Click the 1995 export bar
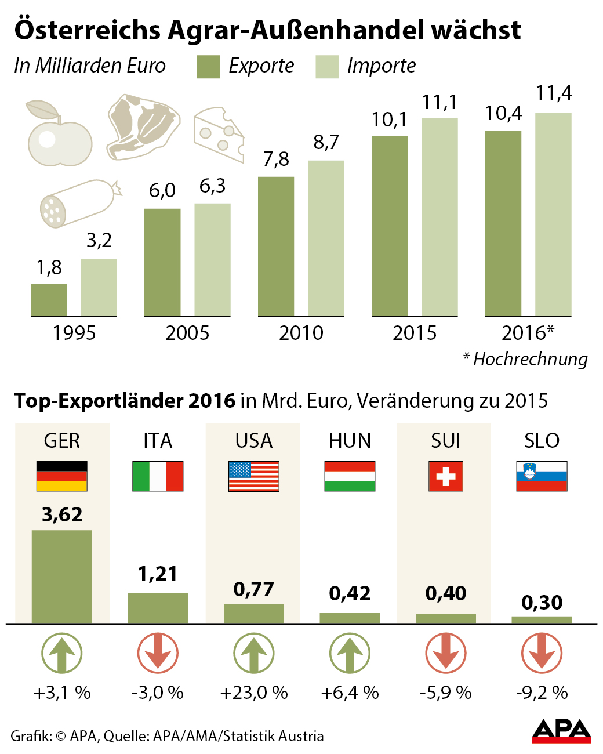click(49, 299)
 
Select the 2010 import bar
click(326, 238)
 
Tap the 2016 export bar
click(503, 223)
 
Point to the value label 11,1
click(439, 103)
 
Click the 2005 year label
click(187, 333)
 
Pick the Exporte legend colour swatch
click(208, 67)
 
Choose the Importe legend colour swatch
click(327, 67)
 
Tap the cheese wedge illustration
click(219, 134)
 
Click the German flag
click(61, 476)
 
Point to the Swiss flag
click(445, 476)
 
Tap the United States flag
click(253, 476)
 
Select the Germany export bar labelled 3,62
click(61, 577)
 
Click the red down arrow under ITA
click(158, 654)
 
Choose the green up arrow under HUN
click(350, 654)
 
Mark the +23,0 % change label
click(254, 693)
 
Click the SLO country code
click(542, 441)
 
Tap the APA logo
click(561, 731)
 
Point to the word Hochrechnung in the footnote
click(531, 359)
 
